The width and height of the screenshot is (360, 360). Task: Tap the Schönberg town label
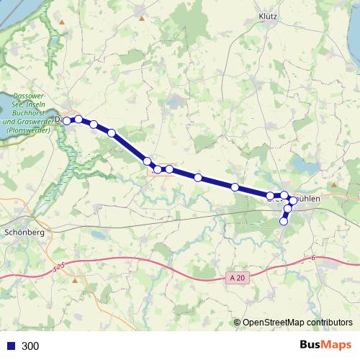[25, 233]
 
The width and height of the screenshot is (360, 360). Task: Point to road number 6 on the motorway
[314, 258]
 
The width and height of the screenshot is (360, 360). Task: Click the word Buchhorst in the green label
[30, 113]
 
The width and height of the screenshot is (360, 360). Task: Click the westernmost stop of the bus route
[67, 121]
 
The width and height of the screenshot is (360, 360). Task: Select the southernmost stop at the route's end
[283, 221]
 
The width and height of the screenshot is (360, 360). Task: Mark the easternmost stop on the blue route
[293, 200]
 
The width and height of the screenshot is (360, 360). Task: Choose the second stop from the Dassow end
[78, 120]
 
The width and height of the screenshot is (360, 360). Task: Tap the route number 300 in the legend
[30, 346]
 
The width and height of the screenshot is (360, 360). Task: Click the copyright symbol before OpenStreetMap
[238, 323]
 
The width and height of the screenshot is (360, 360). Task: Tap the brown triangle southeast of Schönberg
[74, 280]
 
